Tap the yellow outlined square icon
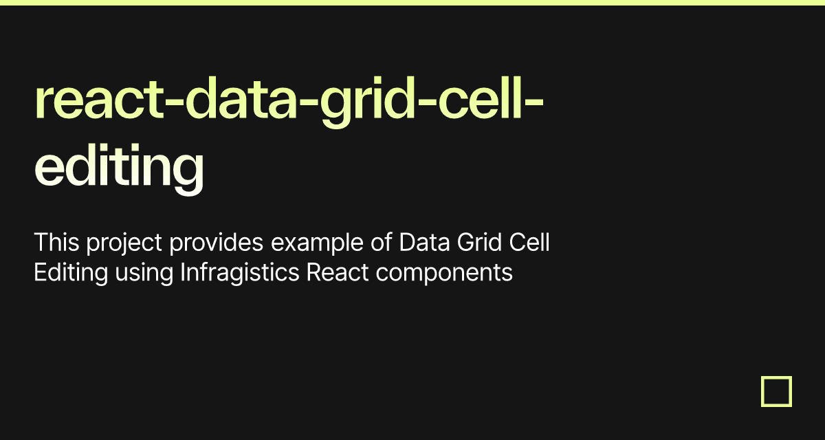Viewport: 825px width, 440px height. click(x=776, y=391)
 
